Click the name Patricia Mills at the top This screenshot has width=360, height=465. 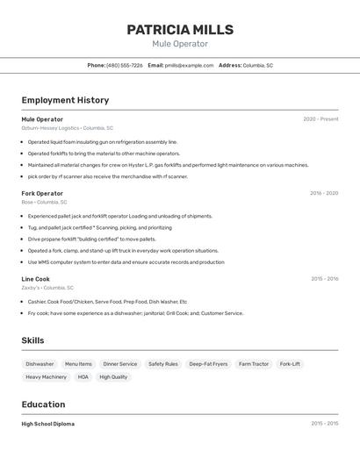tap(180, 30)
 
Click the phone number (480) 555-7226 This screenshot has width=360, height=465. tap(124, 65)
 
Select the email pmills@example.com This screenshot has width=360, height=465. tap(190, 65)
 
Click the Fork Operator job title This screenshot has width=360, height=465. tap(42, 193)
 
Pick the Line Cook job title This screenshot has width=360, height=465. tap(36, 279)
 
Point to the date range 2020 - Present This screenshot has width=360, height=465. tap(320, 119)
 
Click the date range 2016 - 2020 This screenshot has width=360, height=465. tap(324, 193)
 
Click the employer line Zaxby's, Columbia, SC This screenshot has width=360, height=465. tap(47, 288)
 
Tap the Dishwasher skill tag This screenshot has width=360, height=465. tap(40, 363)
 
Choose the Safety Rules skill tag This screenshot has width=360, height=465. tap(162, 363)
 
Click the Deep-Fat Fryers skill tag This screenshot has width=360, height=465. tap(208, 363)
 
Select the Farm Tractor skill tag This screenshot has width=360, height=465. tap(254, 363)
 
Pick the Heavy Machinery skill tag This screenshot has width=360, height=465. tap(46, 377)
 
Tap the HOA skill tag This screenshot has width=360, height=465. tap(83, 377)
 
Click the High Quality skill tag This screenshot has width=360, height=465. tap(113, 377)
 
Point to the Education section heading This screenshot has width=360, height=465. tap(43, 404)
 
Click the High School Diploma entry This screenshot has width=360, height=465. tap(48, 424)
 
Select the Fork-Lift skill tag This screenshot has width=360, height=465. tap(290, 363)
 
